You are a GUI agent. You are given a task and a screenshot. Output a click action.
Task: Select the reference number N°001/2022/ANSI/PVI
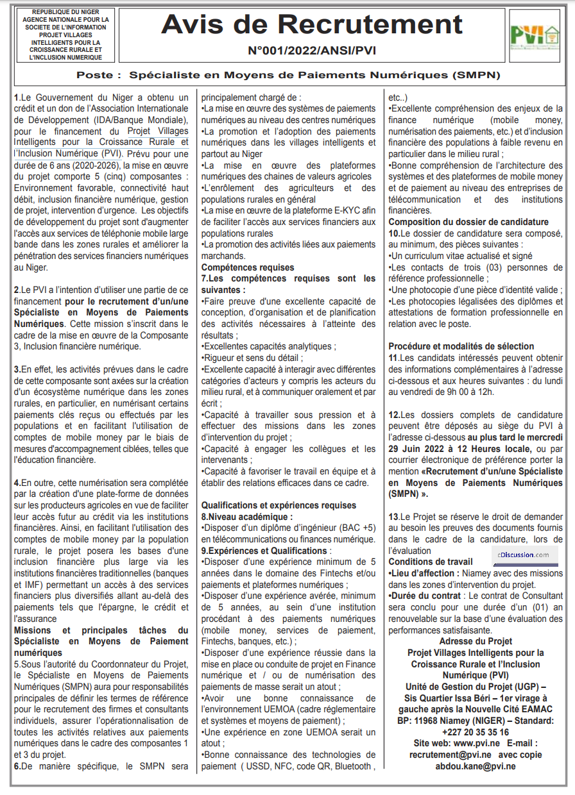coord(311,50)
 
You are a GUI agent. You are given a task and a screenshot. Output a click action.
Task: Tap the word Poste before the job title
coord(99,75)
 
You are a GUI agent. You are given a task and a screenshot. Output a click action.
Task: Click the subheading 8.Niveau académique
coord(247,516)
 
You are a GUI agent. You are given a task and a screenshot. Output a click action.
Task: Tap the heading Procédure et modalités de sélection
coord(461,346)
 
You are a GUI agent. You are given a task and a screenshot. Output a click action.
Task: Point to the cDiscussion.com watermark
coord(522,555)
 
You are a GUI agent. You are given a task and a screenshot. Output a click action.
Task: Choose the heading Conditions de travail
coord(430,562)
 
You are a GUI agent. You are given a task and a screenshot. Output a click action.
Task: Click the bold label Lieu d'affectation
coord(424,573)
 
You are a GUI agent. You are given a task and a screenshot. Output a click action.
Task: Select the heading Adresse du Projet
coord(476,641)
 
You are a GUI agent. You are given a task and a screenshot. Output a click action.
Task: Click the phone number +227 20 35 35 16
coord(476,732)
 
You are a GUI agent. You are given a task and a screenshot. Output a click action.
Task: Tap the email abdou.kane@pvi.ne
coord(476,766)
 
